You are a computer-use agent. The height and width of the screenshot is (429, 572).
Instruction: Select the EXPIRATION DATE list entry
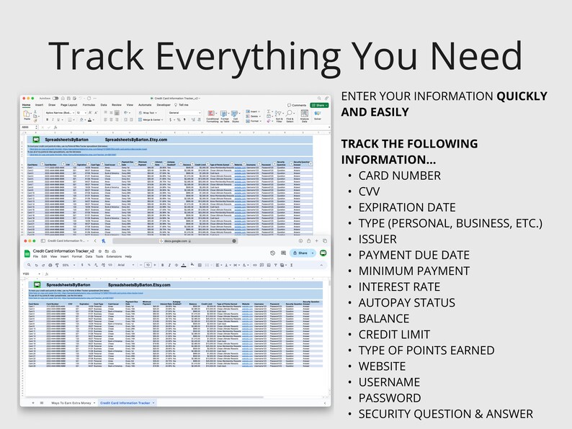pyautogui.click(x=407, y=207)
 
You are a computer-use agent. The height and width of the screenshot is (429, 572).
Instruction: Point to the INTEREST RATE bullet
pyautogui.click(x=398, y=286)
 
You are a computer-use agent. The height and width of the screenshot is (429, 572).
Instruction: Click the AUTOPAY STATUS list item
pyautogui.click(x=406, y=302)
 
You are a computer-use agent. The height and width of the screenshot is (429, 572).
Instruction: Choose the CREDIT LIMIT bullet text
pyautogui.click(x=394, y=334)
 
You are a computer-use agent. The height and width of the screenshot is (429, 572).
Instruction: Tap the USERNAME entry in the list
pyautogui.click(x=389, y=382)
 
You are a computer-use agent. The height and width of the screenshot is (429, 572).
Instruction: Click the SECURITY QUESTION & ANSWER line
pyautogui.click(x=445, y=414)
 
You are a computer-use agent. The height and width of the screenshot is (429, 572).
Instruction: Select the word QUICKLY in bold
pyautogui.click(x=522, y=96)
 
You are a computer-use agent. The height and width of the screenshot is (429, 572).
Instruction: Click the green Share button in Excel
pyautogui.click(x=318, y=104)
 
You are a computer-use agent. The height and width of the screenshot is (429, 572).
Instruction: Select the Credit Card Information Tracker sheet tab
pyautogui.click(x=125, y=402)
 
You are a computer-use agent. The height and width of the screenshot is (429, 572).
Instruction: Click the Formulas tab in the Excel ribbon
pyautogui.click(x=89, y=104)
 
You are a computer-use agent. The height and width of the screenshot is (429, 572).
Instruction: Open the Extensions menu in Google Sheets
pyautogui.click(x=114, y=256)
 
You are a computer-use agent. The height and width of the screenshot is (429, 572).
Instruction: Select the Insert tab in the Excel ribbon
pyautogui.click(x=40, y=104)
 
